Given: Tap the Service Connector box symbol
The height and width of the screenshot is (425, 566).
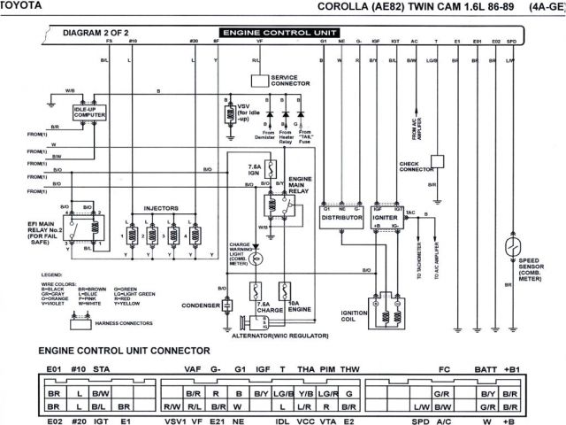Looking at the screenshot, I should click(x=258, y=80).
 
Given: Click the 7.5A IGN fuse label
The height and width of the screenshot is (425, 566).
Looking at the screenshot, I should click(x=254, y=169).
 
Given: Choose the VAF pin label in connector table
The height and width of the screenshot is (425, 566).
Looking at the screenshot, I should click(x=192, y=370).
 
